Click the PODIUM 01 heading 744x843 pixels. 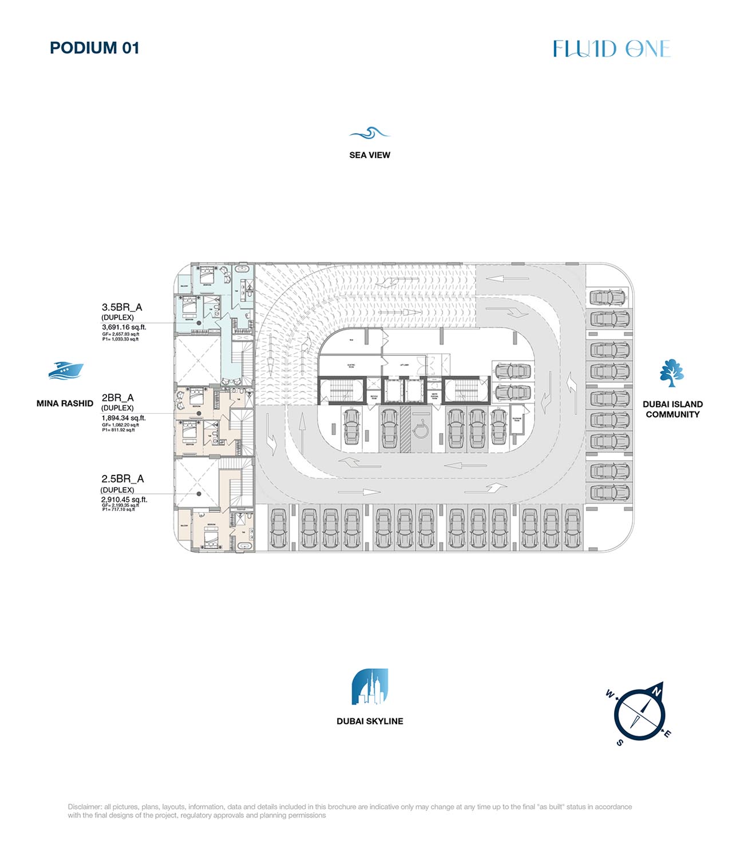click(94, 48)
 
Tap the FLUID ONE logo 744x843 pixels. click(611, 49)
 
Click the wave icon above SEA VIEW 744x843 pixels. click(370, 133)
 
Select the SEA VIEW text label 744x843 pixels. click(370, 155)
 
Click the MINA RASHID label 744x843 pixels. click(65, 403)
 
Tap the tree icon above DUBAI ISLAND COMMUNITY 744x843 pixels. click(672, 374)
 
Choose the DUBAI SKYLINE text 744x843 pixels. click(370, 721)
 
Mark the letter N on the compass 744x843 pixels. click(657, 692)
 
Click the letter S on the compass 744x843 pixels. click(620, 743)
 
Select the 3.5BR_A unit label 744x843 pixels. click(122, 307)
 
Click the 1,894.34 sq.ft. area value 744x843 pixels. click(124, 418)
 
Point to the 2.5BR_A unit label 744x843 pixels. click(122, 479)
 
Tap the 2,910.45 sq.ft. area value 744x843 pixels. click(124, 500)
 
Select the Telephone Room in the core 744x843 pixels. click(517, 419)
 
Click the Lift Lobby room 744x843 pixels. click(404, 365)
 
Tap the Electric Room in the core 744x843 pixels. click(351, 365)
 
